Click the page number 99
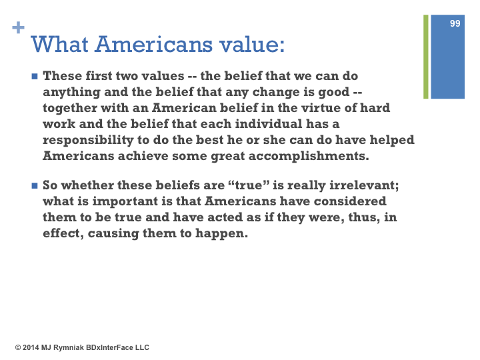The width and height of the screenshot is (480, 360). [x=455, y=23]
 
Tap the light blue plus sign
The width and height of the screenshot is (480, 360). [x=19, y=27]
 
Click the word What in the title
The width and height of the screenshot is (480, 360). [x=60, y=45]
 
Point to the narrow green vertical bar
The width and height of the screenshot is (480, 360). [x=426, y=57]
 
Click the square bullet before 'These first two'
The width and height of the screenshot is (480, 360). [x=35, y=76]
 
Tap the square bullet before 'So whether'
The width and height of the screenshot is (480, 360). [x=35, y=185]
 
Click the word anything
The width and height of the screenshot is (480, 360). [x=71, y=92]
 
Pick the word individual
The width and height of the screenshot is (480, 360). [x=269, y=124]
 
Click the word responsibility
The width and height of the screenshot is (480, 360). [x=88, y=140]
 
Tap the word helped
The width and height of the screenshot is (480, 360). [x=392, y=140]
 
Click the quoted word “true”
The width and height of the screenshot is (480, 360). [x=249, y=185]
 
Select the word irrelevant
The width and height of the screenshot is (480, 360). [x=362, y=185]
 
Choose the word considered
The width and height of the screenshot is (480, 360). [x=350, y=201]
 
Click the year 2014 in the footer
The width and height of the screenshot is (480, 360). [x=31, y=347]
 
